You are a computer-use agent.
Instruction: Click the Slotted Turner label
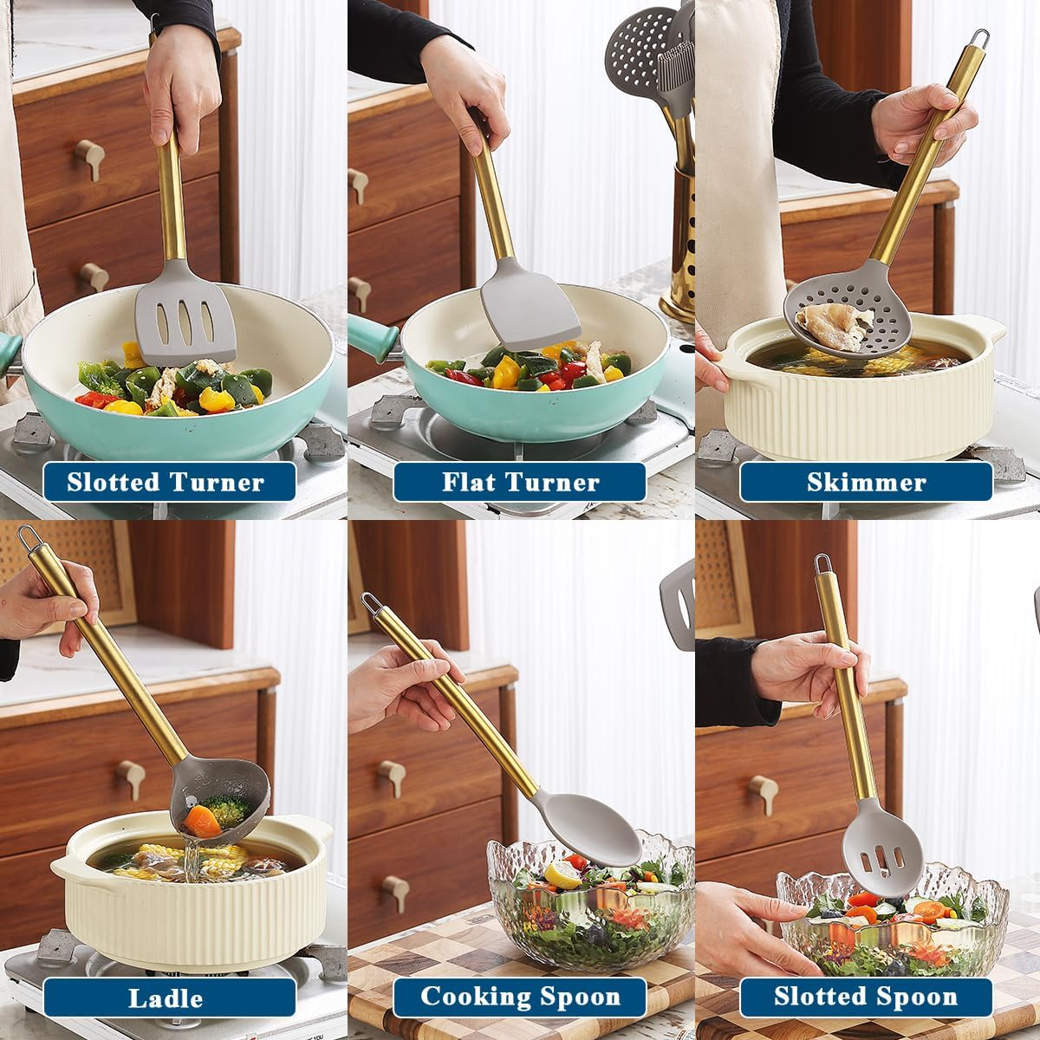(x=166, y=482)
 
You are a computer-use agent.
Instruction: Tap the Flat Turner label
(x=520, y=482)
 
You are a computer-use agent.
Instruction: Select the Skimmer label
(x=866, y=482)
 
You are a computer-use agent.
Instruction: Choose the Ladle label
(x=166, y=998)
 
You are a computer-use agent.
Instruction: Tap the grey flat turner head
(x=529, y=308)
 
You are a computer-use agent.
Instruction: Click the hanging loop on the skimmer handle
(x=978, y=39)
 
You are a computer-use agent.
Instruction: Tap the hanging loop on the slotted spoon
(x=822, y=564)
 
